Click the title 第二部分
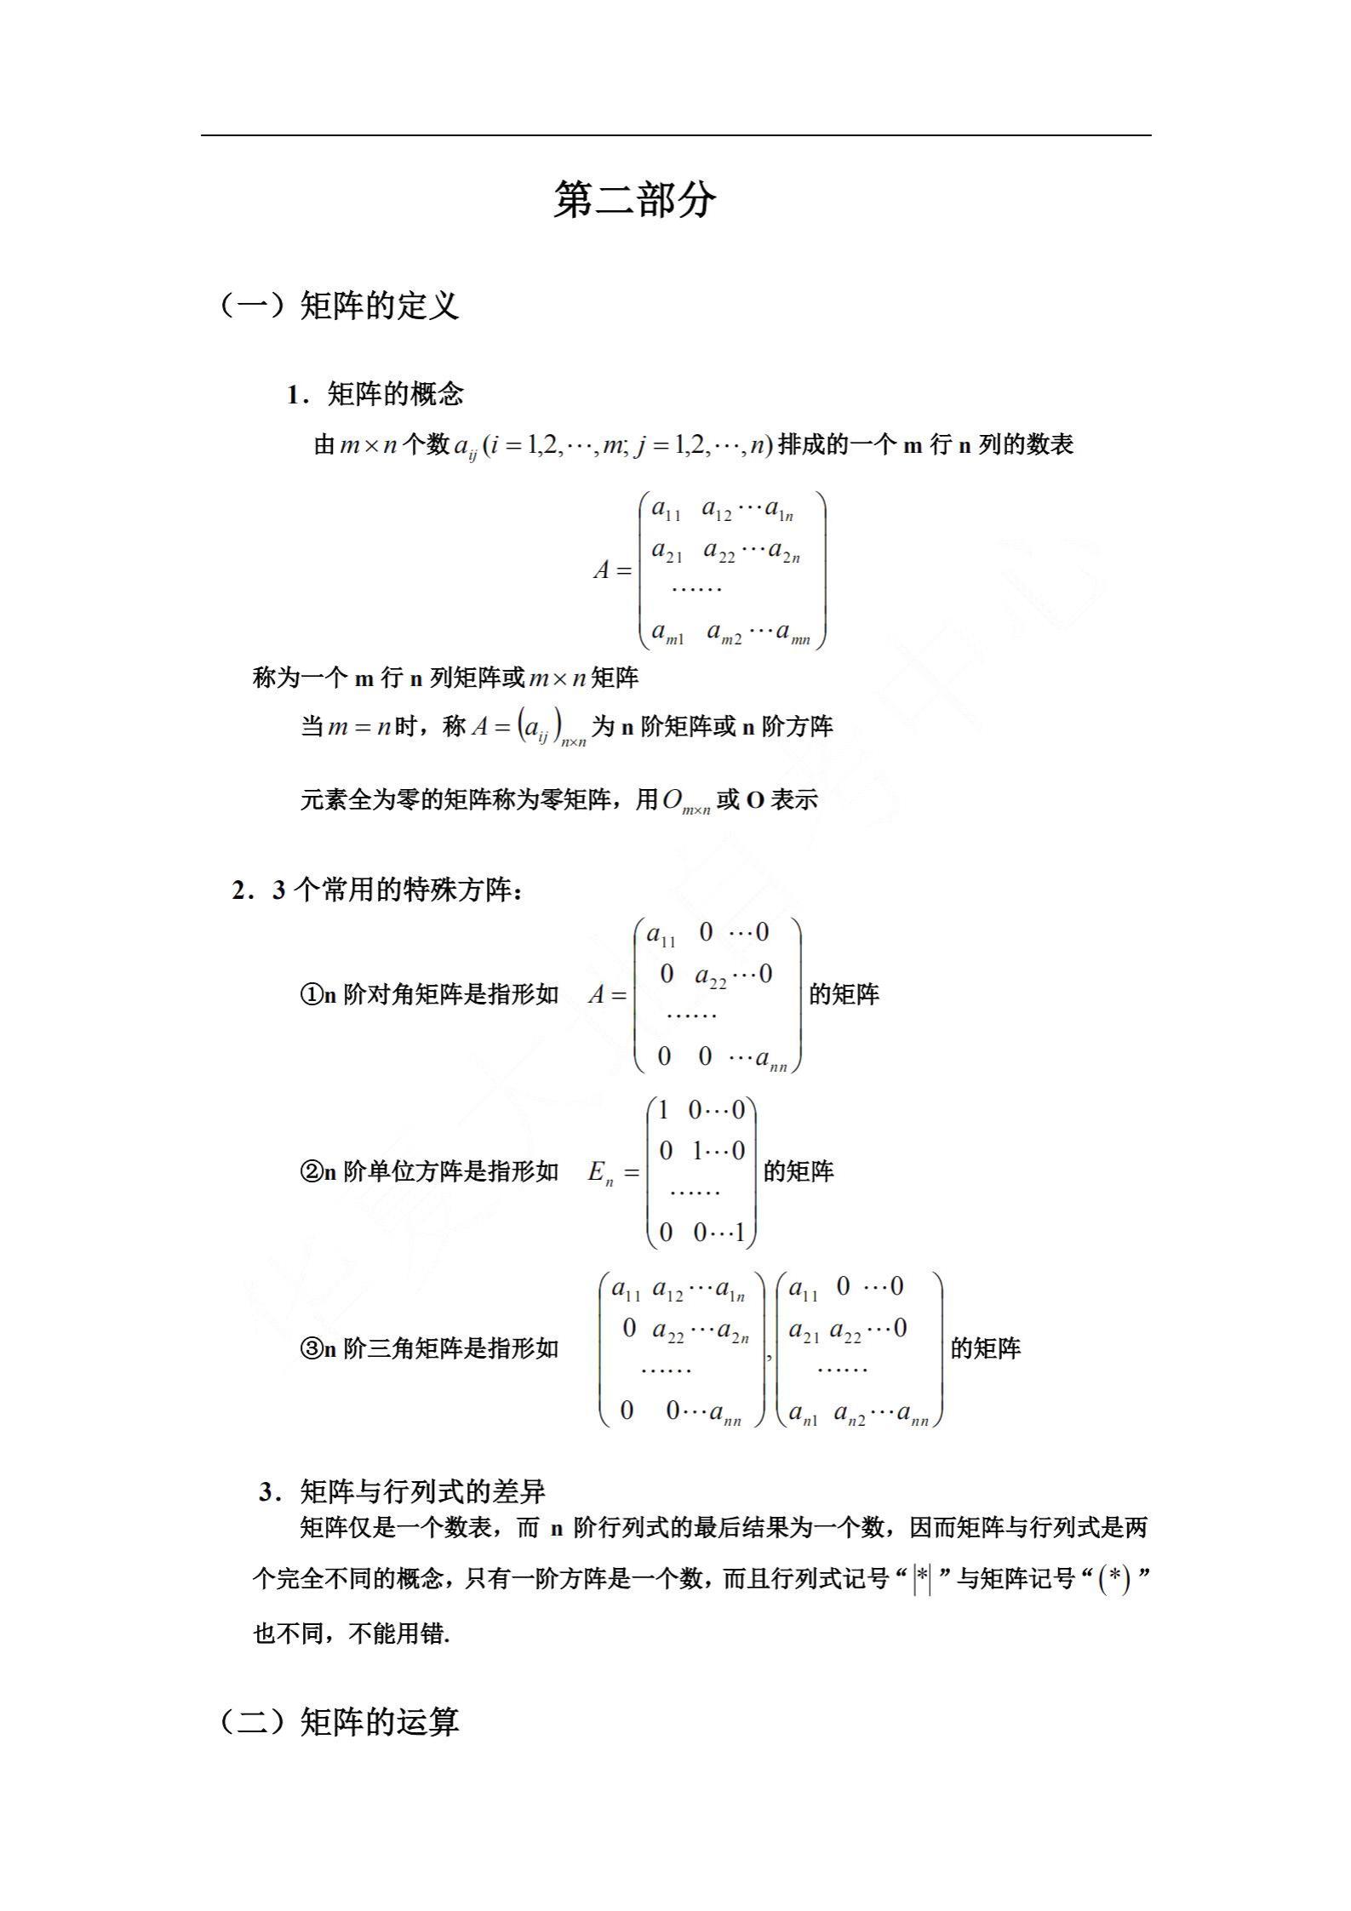click(x=634, y=201)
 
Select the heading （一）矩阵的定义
click(x=339, y=306)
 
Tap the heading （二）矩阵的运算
click(x=339, y=1721)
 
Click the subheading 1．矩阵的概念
click(x=375, y=394)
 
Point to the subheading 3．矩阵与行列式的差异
click(x=402, y=1491)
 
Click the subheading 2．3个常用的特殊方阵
click(x=378, y=890)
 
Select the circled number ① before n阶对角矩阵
click(x=311, y=994)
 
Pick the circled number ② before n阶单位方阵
click(x=311, y=1172)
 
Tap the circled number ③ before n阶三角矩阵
click(x=311, y=1348)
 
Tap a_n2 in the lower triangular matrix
click(x=849, y=1415)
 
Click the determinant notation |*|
click(x=921, y=1580)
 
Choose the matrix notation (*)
click(x=1114, y=1580)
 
